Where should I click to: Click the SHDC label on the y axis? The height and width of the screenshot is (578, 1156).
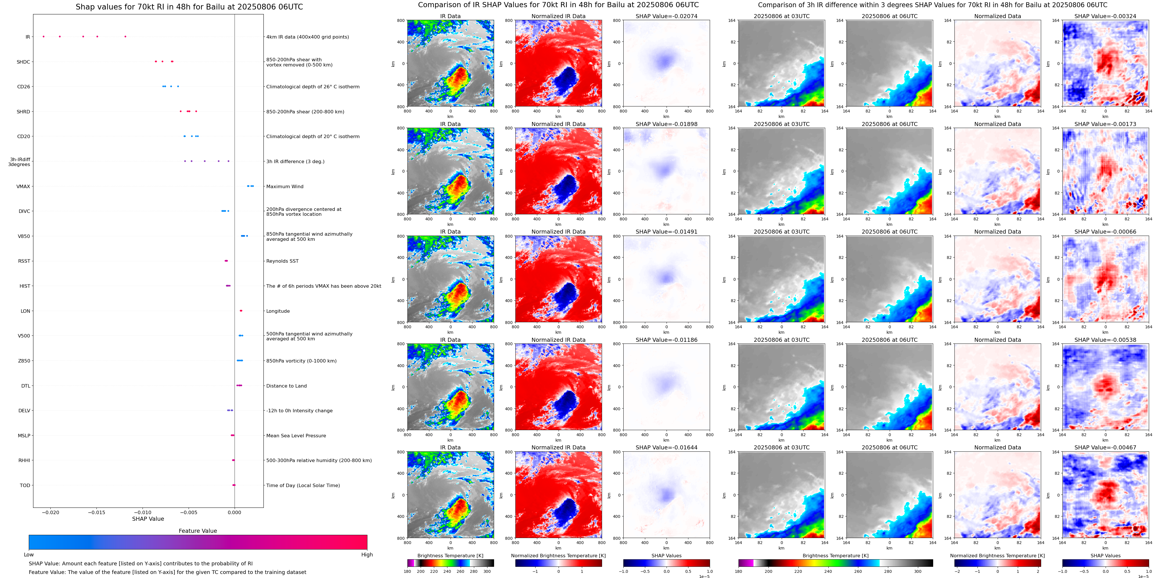pyautogui.click(x=23, y=62)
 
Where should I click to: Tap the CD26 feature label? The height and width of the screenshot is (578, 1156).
pyautogui.click(x=23, y=87)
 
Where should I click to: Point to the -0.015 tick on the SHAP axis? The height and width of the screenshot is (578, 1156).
pyautogui.click(x=96, y=512)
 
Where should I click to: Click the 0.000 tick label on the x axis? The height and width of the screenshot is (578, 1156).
pyautogui.click(x=234, y=512)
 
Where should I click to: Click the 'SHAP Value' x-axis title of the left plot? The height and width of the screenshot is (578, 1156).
pyautogui.click(x=148, y=519)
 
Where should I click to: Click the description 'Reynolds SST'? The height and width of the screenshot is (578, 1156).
pyautogui.click(x=282, y=261)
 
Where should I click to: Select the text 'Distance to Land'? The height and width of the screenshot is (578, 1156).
pyautogui.click(x=286, y=386)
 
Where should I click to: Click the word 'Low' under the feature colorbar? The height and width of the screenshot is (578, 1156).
pyautogui.click(x=29, y=555)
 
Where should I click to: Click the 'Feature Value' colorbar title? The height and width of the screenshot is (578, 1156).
pyautogui.click(x=198, y=531)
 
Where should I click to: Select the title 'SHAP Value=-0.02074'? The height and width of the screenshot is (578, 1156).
pyautogui.click(x=667, y=16)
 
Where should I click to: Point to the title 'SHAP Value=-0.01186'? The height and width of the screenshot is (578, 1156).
pyautogui.click(x=667, y=340)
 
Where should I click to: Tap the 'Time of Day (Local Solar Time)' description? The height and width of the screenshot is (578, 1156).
pyautogui.click(x=303, y=485)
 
